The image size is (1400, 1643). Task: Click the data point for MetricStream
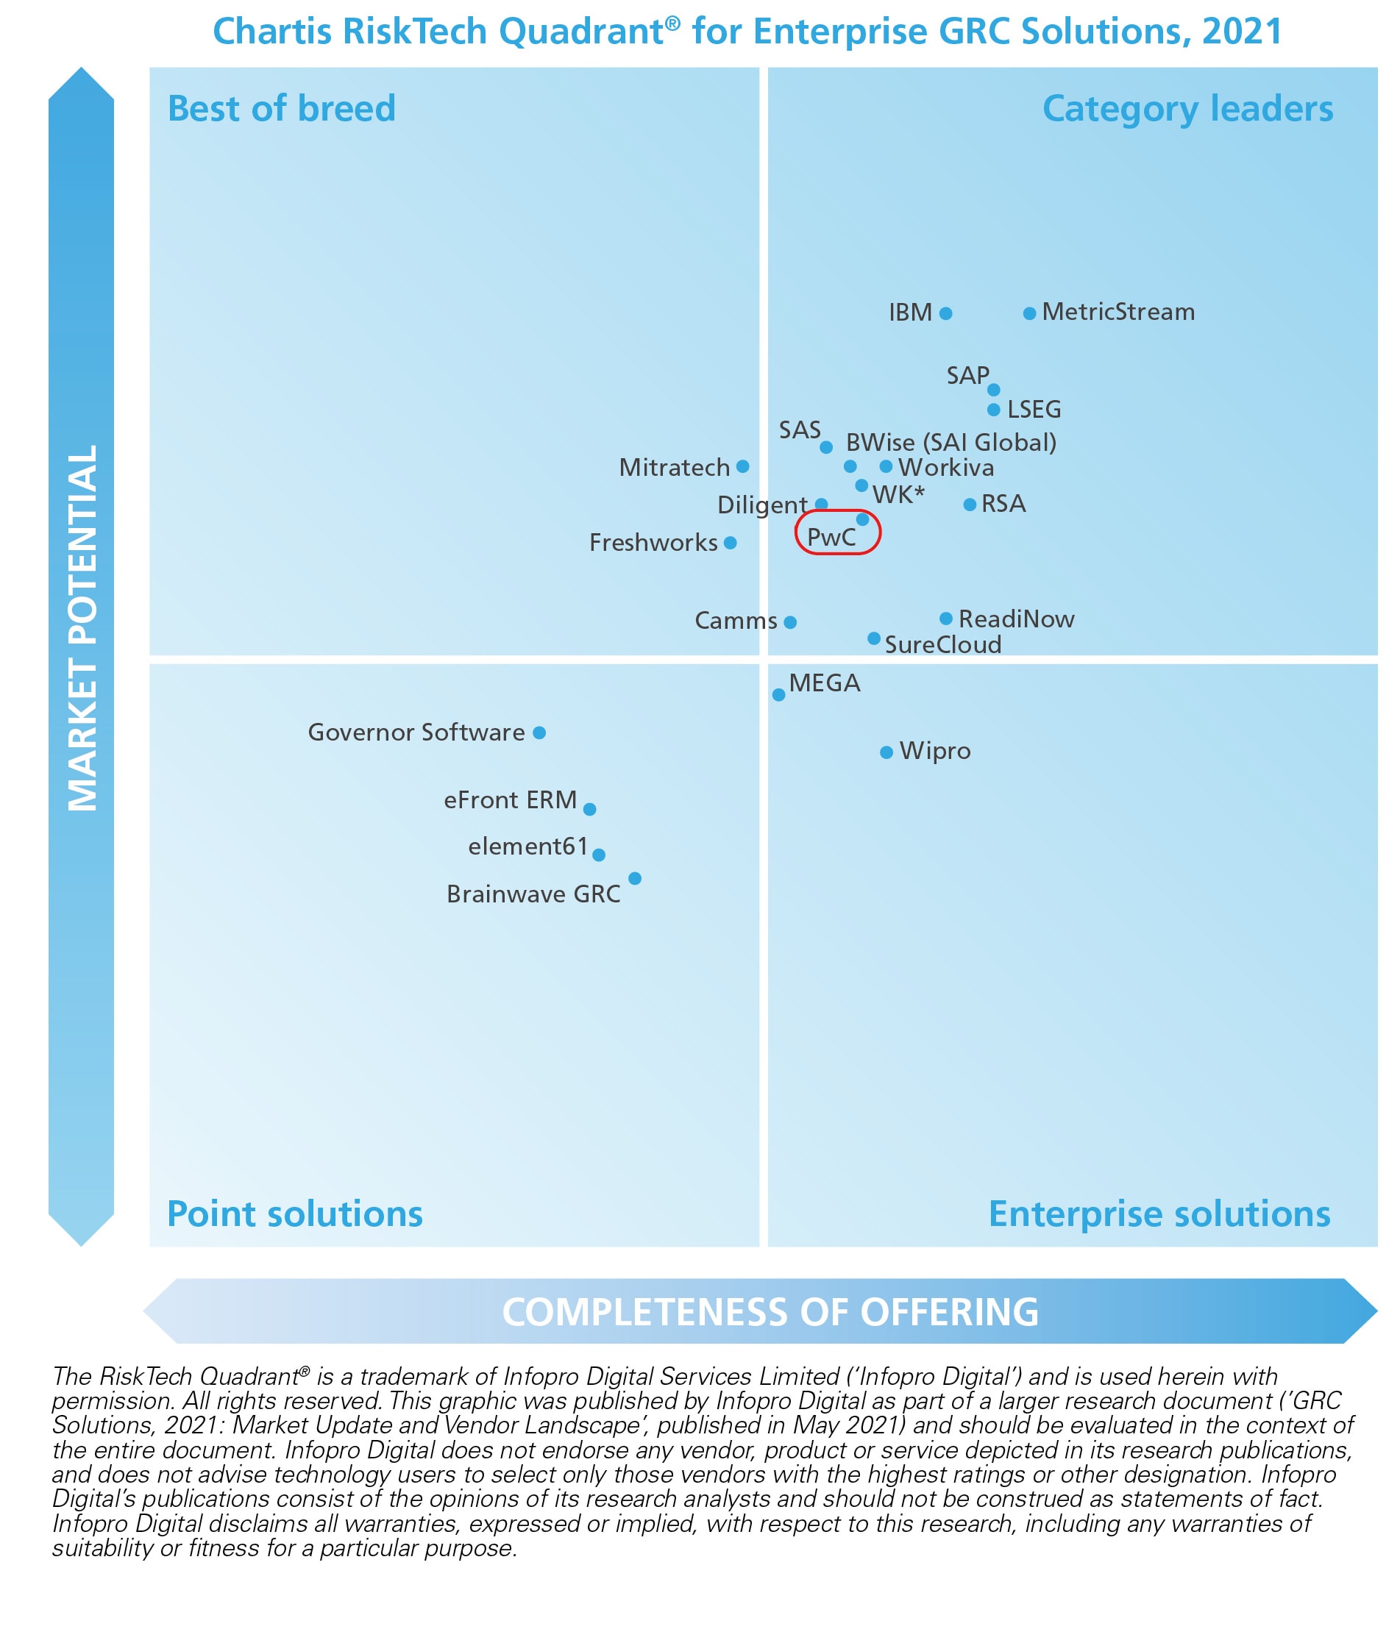[1028, 313]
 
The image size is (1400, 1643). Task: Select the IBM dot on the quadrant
[945, 313]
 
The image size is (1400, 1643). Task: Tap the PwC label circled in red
[831, 538]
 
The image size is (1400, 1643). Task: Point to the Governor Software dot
[539, 733]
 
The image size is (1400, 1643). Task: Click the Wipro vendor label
[934, 751]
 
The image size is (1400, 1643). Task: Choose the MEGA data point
[779, 694]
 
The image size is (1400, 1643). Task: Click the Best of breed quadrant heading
[282, 109]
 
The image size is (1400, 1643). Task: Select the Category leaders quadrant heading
[1187, 109]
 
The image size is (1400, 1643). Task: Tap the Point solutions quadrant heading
[294, 1214]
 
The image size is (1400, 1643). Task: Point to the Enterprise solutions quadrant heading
[1159, 1214]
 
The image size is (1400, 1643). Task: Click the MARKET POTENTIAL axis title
[82, 627]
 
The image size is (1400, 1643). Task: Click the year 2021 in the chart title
[1242, 32]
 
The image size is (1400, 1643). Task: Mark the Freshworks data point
[731, 543]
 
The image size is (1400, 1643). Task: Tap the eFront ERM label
[510, 800]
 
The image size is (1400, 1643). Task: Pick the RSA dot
[970, 505]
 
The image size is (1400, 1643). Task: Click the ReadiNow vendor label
[1016, 619]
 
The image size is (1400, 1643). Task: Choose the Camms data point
[790, 622]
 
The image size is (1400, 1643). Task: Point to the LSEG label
[1034, 410]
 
